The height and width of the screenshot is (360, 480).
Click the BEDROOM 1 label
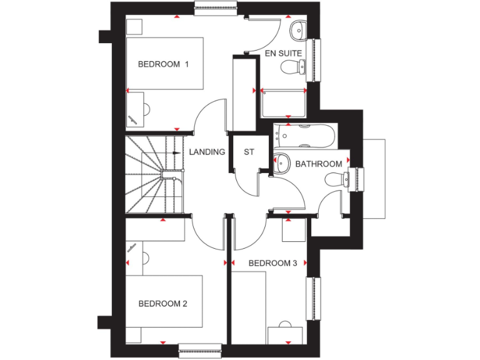point(163,64)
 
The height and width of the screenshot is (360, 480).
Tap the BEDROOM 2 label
point(162,304)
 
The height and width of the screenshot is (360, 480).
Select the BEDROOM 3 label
point(272,263)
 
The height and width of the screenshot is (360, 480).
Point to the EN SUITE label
point(283,54)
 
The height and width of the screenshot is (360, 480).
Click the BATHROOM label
point(319,164)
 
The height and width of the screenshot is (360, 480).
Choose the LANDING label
point(207,152)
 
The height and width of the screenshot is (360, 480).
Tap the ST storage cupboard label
point(249,152)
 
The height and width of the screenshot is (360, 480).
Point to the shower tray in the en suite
point(283,102)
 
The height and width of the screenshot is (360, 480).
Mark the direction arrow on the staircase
point(176,152)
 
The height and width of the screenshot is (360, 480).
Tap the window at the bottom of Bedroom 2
point(200,350)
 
